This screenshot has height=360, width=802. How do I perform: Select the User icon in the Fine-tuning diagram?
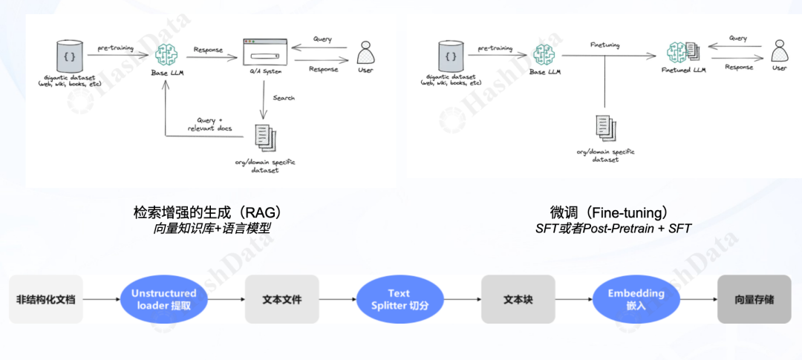click(x=778, y=51)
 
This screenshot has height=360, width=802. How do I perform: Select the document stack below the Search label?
click(x=264, y=137)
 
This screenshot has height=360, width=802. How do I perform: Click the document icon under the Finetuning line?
click(x=605, y=128)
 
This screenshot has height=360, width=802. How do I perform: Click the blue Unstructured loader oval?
click(x=163, y=299)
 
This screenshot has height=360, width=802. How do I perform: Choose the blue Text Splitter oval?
click(x=399, y=299)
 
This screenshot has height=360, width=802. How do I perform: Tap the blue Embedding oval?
click(x=636, y=299)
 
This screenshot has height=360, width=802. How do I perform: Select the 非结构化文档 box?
click(x=46, y=299)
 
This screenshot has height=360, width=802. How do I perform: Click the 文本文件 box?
click(x=282, y=299)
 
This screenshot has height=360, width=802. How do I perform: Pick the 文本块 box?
click(x=518, y=299)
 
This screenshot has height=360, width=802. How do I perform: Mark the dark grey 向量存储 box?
click(x=754, y=299)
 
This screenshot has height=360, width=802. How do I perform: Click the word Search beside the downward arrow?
click(x=284, y=98)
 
